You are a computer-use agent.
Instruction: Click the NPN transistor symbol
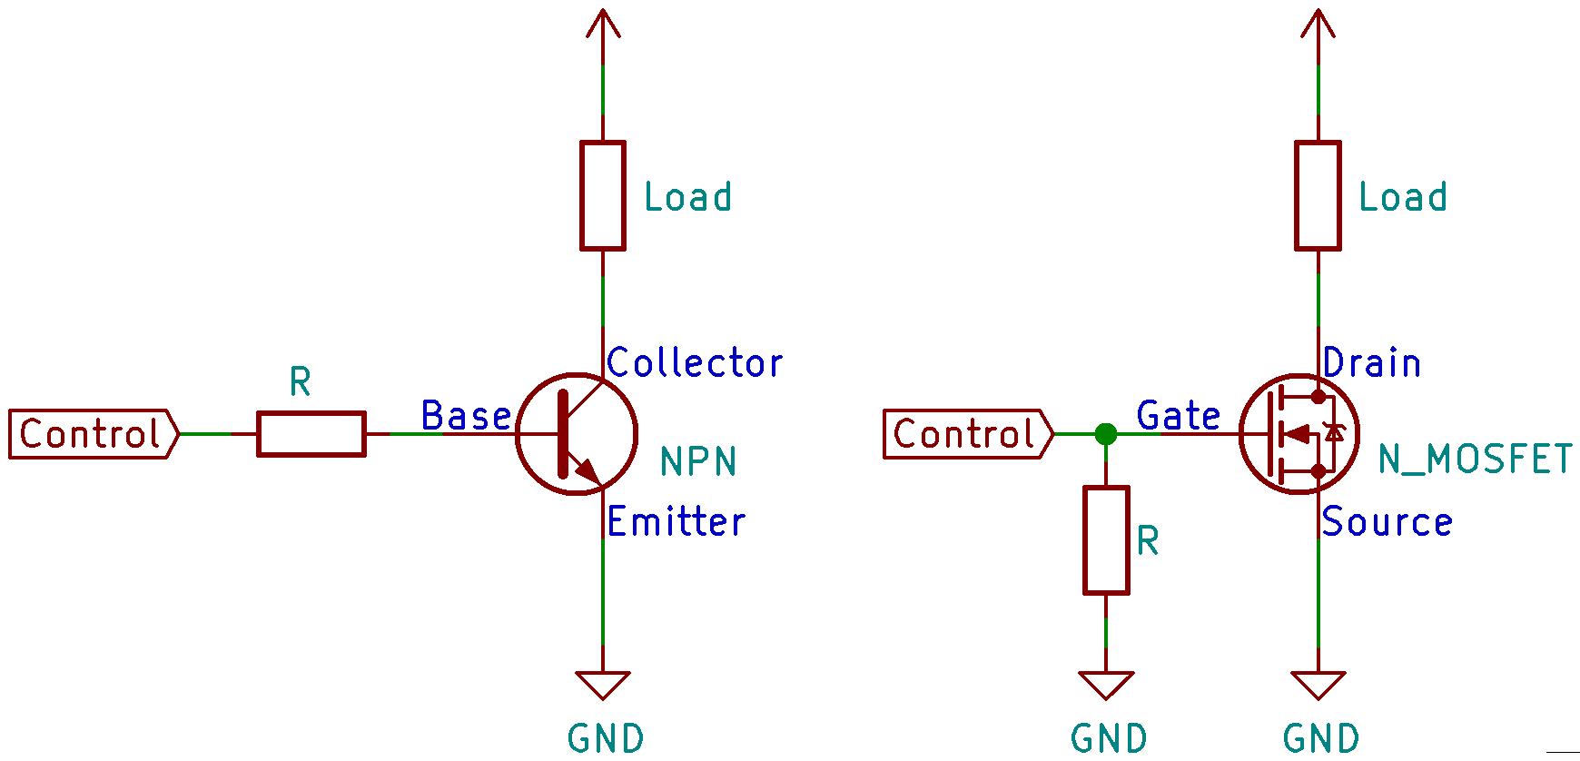coord(576,434)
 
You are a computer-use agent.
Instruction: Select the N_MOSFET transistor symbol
coord(1299,434)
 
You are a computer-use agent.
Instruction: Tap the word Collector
coord(695,363)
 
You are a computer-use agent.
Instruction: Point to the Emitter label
coord(676,522)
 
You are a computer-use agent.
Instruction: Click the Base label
coord(466,416)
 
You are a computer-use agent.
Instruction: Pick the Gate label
coord(1179,416)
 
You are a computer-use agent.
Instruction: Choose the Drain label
coord(1372,363)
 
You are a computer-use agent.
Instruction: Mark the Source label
coord(1387,522)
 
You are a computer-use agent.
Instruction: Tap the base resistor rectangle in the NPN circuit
coord(311,434)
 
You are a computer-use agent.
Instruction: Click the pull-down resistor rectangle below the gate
coord(1106,540)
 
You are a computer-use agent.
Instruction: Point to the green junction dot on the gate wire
coord(1106,434)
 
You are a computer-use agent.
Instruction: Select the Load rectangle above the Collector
coord(603,195)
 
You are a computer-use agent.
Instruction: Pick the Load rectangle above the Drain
coord(1318,195)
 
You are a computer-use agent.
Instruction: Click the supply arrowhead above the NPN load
coord(603,23)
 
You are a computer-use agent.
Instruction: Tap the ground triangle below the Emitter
coord(603,684)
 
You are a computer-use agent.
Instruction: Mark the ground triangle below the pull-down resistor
coord(1106,684)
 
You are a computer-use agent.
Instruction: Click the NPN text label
coord(698,461)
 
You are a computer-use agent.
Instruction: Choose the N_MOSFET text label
coord(1476,460)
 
